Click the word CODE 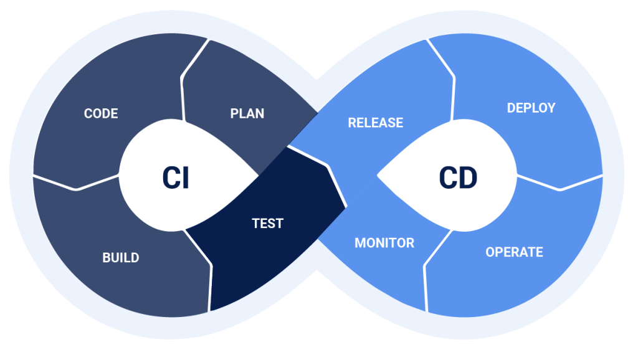tap(101, 113)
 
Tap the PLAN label tap(247, 113)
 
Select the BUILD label tap(121, 257)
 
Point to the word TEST tap(268, 223)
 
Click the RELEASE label tap(375, 123)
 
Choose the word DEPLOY tap(531, 108)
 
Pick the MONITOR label tap(384, 242)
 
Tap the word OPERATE tap(514, 252)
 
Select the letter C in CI tap(169, 178)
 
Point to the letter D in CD tap(467, 178)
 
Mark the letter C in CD tap(448, 178)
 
